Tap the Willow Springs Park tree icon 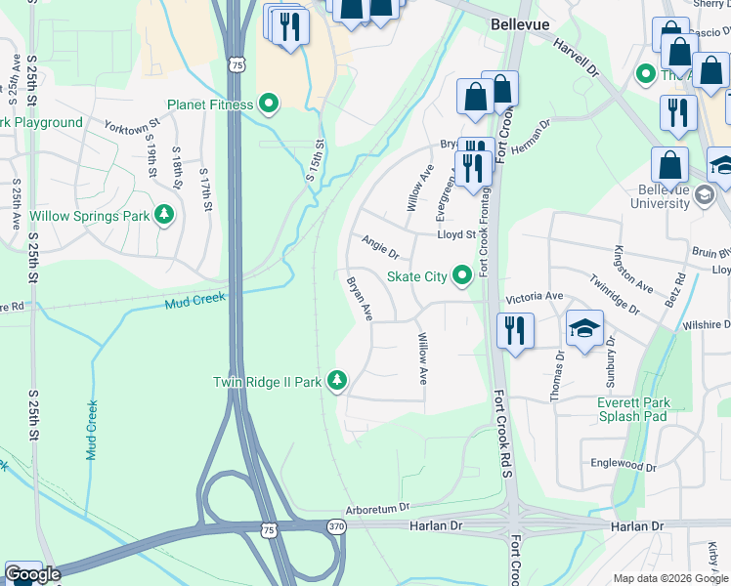point(165,215)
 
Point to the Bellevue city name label point(520,23)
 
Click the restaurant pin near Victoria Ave point(513,329)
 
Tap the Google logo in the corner point(32,574)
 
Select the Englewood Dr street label point(623,467)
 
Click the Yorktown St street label point(132,127)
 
